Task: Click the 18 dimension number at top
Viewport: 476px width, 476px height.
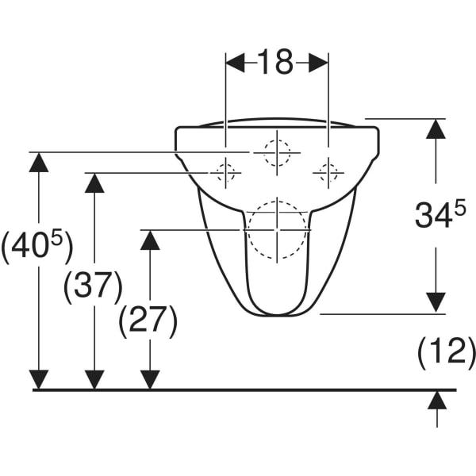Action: (x=275, y=62)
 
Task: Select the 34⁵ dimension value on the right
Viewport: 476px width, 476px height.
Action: (x=440, y=215)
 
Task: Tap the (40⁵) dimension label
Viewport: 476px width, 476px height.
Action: (x=37, y=246)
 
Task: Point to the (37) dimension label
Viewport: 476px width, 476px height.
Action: (x=93, y=287)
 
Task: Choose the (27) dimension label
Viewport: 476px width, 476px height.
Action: (x=148, y=322)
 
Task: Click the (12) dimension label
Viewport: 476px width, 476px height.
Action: (x=446, y=353)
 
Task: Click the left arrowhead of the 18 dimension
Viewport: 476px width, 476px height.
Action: (x=236, y=63)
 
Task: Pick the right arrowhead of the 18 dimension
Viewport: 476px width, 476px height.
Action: (x=318, y=63)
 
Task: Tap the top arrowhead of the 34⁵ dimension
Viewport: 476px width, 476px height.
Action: (x=436, y=129)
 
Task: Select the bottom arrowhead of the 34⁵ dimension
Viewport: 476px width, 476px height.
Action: (x=436, y=302)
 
